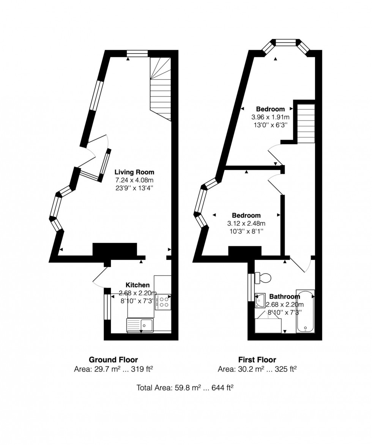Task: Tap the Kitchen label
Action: click(x=137, y=285)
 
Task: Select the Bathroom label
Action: click(x=285, y=297)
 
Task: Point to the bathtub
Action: click(x=306, y=311)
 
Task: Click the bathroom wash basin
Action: click(x=260, y=300)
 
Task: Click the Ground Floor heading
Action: click(x=113, y=360)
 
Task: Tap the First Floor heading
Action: click(x=257, y=360)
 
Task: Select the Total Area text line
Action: click(x=185, y=388)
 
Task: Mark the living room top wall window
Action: click(x=137, y=53)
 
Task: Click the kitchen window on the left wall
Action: click(x=107, y=307)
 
